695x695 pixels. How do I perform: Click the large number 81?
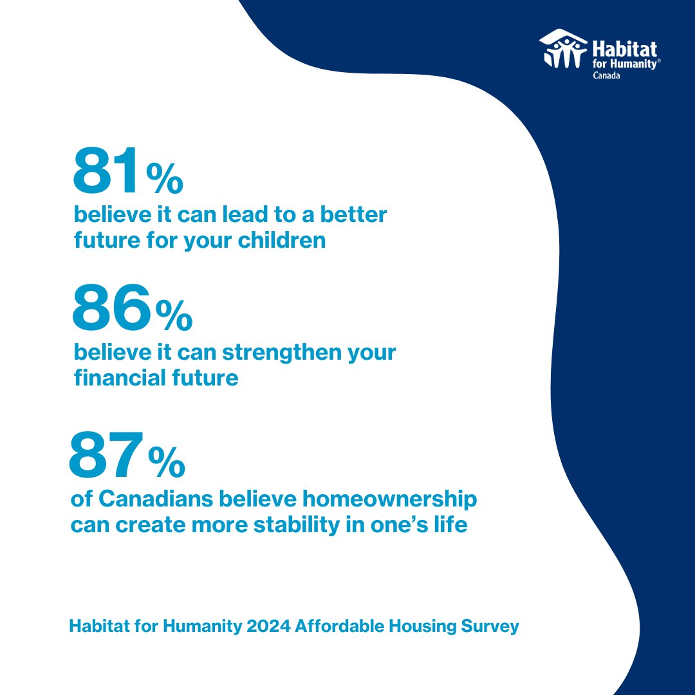click(106, 171)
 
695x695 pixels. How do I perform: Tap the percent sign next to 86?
click(174, 315)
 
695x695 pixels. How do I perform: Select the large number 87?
click(105, 456)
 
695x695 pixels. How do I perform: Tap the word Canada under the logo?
click(607, 75)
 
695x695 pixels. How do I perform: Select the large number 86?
click(111, 308)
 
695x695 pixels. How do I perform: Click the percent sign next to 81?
click(165, 178)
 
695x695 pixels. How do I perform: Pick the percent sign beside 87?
click(167, 462)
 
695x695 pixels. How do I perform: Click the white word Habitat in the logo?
click(624, 50)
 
